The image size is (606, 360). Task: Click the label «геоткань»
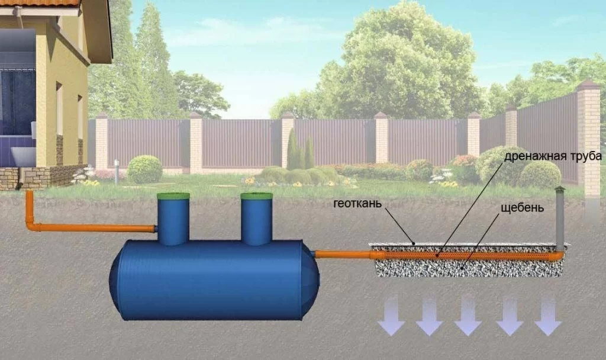357,204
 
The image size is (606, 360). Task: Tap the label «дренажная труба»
553,156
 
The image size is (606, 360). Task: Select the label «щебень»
522,208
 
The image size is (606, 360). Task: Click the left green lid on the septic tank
173,195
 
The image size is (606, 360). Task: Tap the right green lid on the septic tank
257,195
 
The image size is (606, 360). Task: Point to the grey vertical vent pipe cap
560,188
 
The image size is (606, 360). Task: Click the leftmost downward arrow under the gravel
391,315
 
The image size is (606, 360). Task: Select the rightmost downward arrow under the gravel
547,315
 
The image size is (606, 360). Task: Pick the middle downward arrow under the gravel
468,315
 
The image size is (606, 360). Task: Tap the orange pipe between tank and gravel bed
343,255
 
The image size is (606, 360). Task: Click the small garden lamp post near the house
117,171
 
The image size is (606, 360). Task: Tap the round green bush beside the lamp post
144,169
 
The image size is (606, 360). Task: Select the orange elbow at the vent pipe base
559,255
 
